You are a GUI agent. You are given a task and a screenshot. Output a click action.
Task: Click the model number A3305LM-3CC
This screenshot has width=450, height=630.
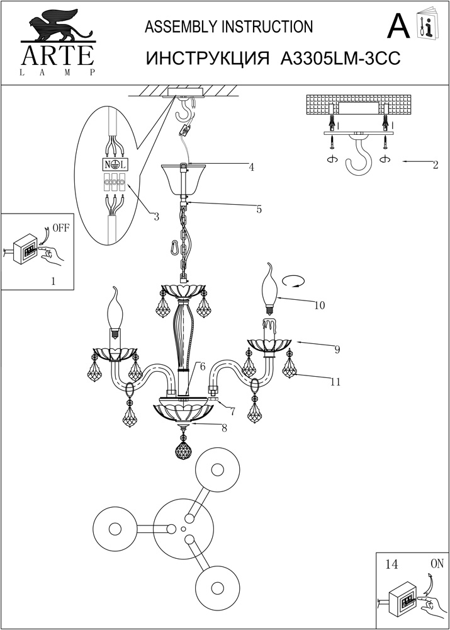coord(340,59)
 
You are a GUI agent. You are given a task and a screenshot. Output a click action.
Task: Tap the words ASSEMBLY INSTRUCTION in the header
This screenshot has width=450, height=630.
coord(229,27)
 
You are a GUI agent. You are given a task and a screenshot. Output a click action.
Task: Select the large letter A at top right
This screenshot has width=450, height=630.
coord(398,26)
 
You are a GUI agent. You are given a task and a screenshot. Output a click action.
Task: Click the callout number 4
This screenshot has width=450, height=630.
coord(251,168)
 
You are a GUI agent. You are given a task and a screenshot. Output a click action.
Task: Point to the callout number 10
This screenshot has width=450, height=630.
coord(320,306)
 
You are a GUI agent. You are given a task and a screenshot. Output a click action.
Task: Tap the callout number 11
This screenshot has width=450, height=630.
coord(335,382)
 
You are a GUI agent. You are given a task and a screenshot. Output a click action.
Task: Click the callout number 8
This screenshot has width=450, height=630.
coord(224,428)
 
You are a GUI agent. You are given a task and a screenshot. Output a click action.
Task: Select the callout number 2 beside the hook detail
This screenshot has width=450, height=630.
coord(436,164)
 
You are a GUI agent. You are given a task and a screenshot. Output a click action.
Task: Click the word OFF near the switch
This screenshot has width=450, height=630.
coord(61,229)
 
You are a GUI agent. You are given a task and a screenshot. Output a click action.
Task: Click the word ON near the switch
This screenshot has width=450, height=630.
coord(437,564)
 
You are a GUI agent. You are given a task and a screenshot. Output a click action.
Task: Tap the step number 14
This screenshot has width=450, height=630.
coord(391,564)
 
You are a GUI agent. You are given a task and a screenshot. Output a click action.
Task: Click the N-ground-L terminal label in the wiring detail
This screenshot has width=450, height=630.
coord(113,164)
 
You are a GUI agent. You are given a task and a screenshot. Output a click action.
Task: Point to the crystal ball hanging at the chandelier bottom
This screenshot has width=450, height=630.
coord(184,449)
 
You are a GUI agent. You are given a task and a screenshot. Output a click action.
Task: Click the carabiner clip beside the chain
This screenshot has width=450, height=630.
coord(176,247)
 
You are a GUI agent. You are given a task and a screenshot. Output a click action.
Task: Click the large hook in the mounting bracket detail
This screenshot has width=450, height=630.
coord(358,155)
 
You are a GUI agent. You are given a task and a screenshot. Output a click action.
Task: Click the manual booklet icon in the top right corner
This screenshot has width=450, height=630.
coord(429,24)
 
